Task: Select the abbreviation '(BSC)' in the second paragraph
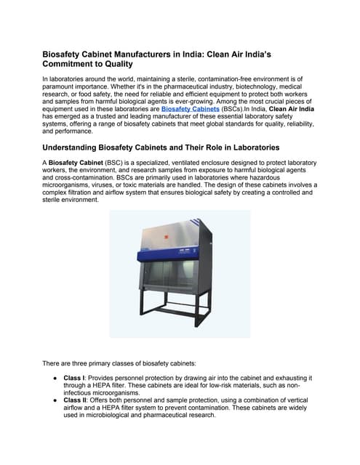click(116, 163)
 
